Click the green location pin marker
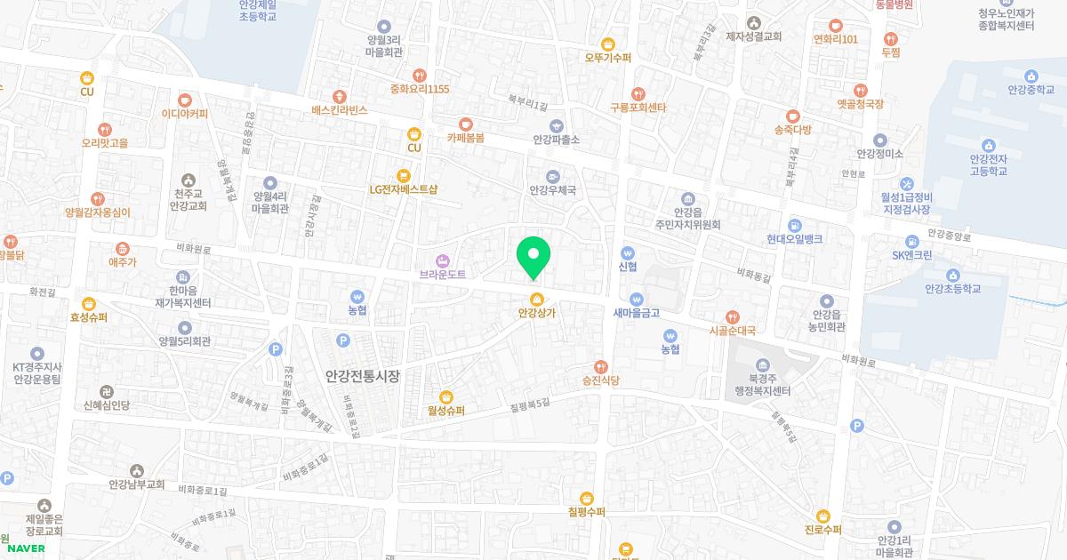click(533, 256)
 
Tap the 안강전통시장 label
click(362, 376)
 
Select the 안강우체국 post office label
click(553, 190)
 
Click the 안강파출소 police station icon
click(557, 125)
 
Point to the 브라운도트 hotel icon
click(443, 260)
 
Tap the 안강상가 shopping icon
click(536, 299)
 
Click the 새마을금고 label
click(636, 313)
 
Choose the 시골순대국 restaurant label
click(732, 331)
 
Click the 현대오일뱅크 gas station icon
click(794, 225)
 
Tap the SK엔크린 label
click(912, 255)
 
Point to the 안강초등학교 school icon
click(952, 275)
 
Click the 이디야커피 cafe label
click(185, 114)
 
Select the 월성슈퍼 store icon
click(446, 396)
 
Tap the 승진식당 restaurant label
click(600, 380)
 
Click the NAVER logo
click(25, 548)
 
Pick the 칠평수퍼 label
click(586, 512)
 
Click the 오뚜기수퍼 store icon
click(608, 44)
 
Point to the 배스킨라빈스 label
click(340, 110)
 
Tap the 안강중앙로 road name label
click(949, 236)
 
